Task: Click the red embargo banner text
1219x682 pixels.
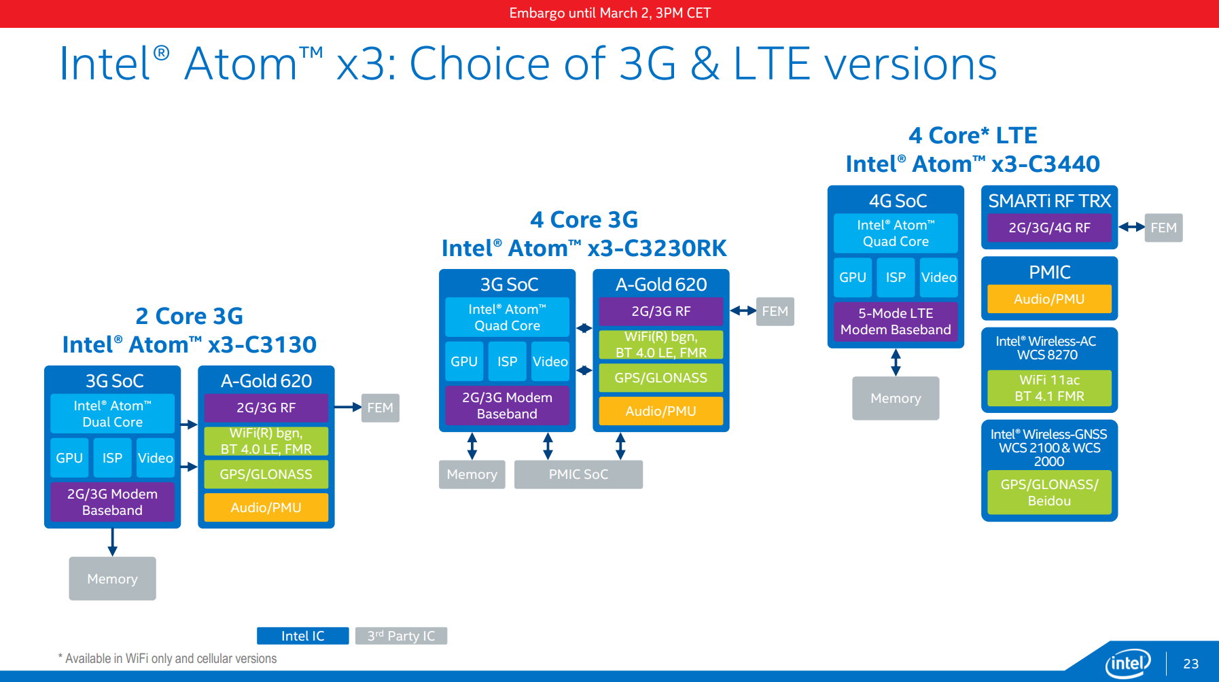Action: click(x=609, y=13)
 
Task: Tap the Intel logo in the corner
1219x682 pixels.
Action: click(x=1128, y=663)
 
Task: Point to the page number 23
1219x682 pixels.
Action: click(x=1190, y=664)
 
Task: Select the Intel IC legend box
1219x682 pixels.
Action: click(x=303, y=636)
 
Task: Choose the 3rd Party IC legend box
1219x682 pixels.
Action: click(x=401, y=636)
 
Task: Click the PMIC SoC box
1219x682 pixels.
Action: click(x=578, y=474)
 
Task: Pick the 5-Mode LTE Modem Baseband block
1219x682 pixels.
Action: click(x=896, y=321)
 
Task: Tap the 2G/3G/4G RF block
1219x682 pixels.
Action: click(x=1049, y=228)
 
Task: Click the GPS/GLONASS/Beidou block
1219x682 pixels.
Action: click(x=1049, y=492)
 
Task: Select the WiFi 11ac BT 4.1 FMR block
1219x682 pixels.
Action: click(x=1049, y=388)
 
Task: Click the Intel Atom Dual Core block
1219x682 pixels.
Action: click(x=112, y=414)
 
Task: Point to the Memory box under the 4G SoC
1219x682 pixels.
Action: click(x=896, y=398)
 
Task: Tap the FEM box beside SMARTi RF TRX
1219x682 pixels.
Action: click(x=1163, y=228)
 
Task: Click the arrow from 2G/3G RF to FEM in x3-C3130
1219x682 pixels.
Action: click(x=348, y=408)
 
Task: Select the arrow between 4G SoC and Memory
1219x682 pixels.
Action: click(x=896, y=363)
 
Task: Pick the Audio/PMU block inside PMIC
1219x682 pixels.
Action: click(x=1049, y=299)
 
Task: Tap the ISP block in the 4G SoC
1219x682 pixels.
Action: click(x=896, y=277)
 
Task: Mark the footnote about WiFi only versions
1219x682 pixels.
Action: click(x=167, y=658)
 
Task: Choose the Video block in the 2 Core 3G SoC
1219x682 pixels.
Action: click(x=156, y=458)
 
